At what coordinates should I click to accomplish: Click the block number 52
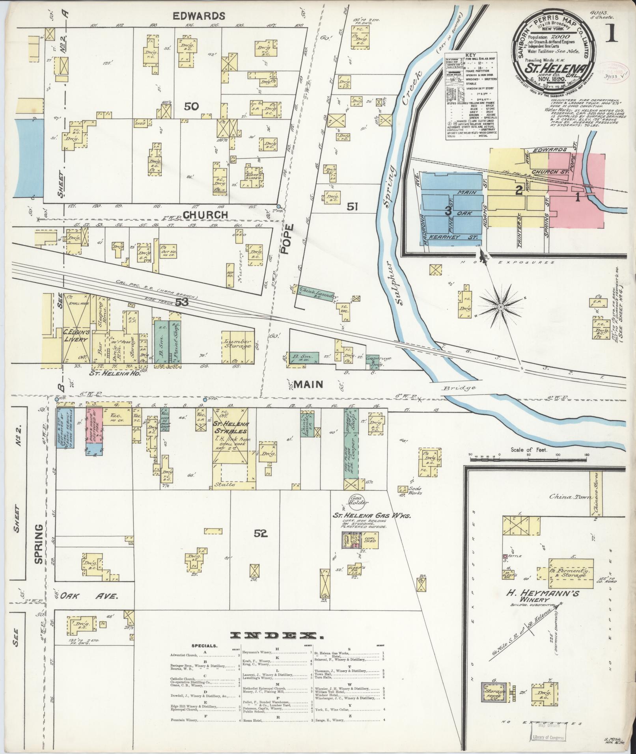pos(261,534)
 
